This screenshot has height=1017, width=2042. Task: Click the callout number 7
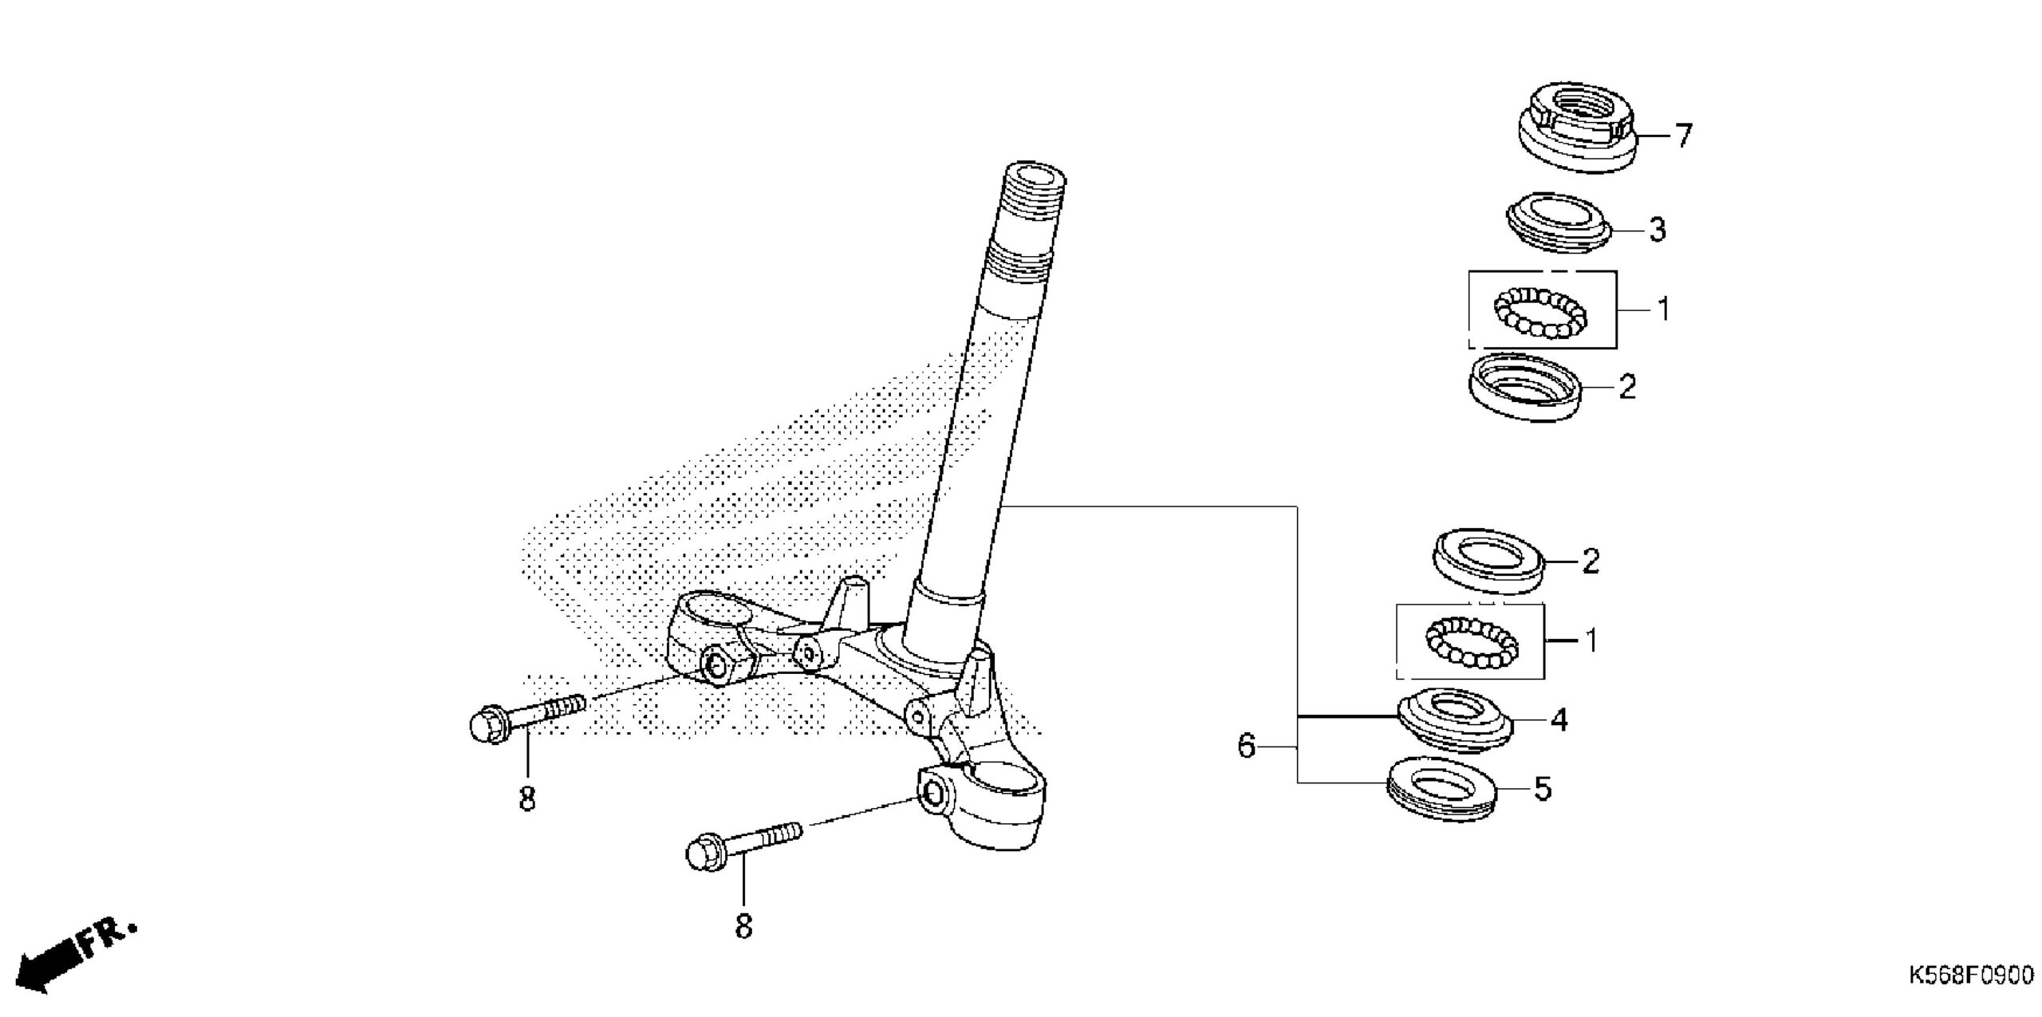click(x=1683, y=136)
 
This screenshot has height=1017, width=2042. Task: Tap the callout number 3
click(x=1658, y=230)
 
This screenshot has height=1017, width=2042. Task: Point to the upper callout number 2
click(x=1627, y=387)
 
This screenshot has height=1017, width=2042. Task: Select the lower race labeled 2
click(x=1490, y=562)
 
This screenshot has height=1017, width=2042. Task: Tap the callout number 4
click(x=1559, y=719)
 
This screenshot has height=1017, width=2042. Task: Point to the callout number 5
click(x=1543, y=789)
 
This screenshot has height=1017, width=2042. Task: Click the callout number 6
click(x=1246, y=747)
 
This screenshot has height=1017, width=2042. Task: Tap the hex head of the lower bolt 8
click(x=704, y=853)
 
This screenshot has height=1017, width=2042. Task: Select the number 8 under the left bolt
click(x=527, y=798)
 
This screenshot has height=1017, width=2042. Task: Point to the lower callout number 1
click(x=1591, y=641)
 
